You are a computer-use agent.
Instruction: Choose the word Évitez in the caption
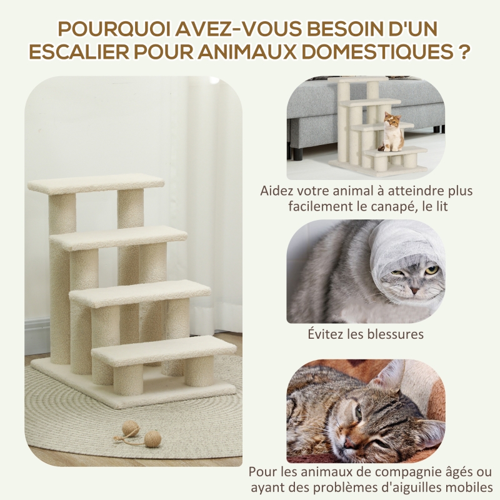point(325,334)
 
